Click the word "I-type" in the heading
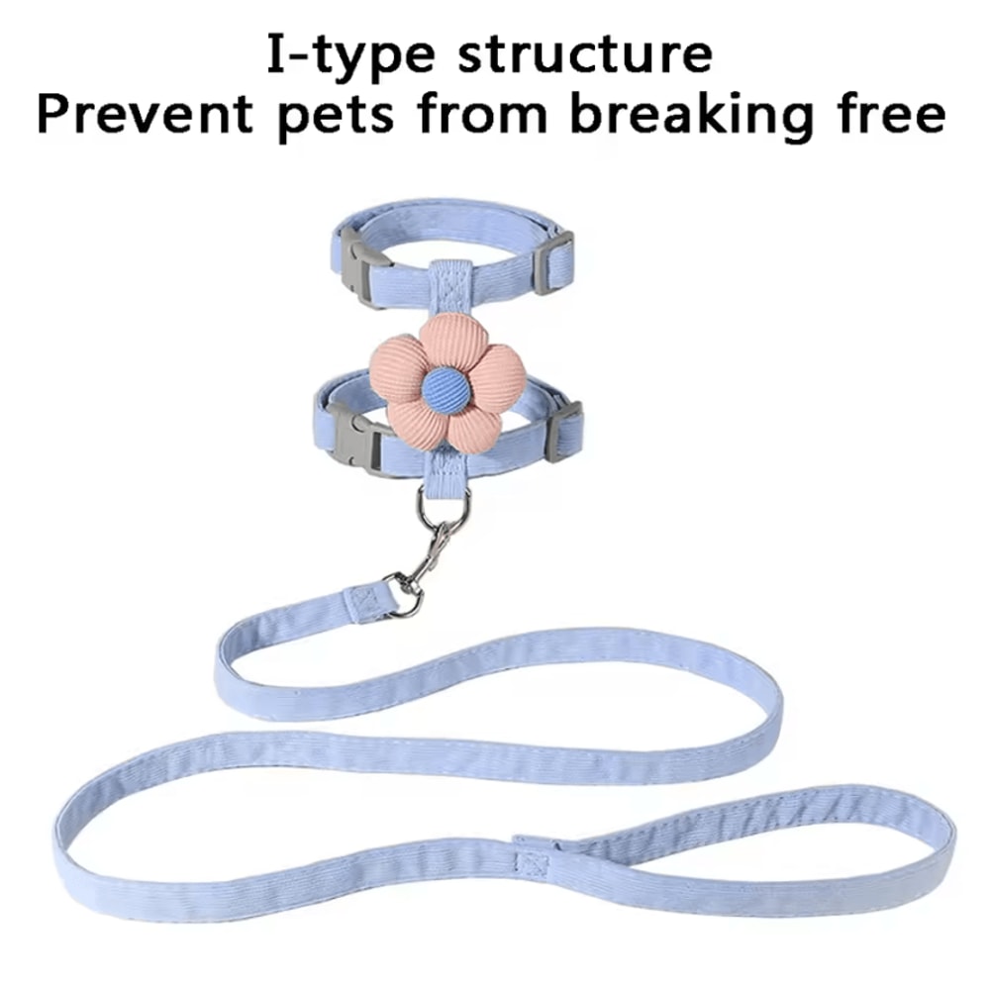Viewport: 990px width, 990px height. [x=350, y=54]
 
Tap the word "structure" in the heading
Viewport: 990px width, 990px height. [x=585, y=53]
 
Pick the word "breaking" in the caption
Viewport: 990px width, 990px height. [x=690, y=115]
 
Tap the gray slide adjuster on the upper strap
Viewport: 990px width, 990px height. [x=553, y=262]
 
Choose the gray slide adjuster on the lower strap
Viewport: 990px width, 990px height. [x=564, y=430]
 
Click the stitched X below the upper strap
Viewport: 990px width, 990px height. [x=449, y=290]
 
